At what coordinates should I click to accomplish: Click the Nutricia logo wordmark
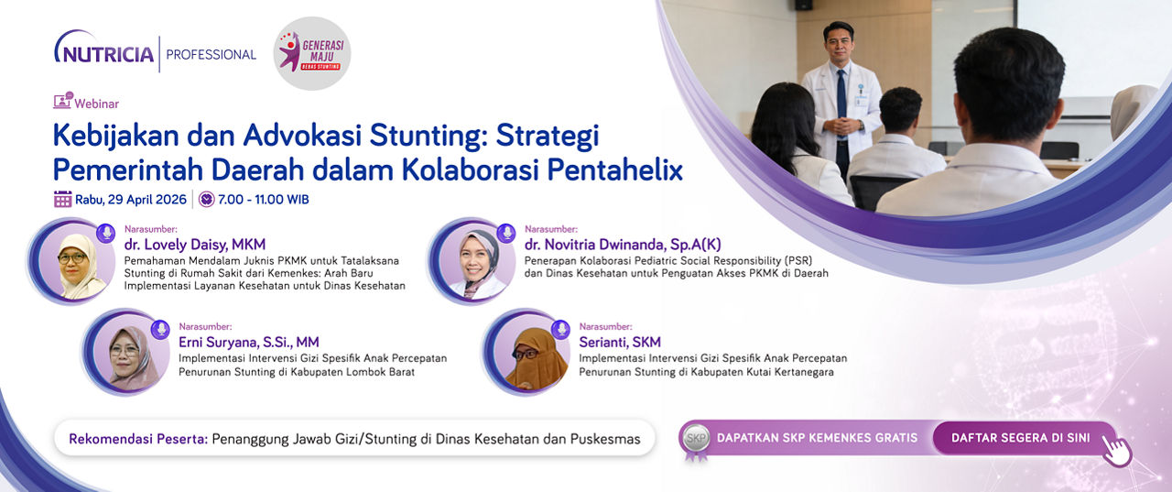[x=104, y=51]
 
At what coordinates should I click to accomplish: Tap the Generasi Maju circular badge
[x=312, y=53]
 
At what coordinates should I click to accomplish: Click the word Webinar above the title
[x=97, y=104]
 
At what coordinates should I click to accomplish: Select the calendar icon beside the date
[x=63, y=199]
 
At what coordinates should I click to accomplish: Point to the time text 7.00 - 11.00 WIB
[x=263, y=200]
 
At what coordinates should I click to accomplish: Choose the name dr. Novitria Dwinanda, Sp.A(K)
[x=623, y=245]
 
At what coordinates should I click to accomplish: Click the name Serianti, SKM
[x=620, y=342]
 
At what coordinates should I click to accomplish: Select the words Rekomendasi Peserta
[x=138, y=439]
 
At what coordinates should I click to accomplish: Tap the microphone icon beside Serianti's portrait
[x=561, y=329]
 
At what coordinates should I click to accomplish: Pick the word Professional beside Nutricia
[x=211, y=54]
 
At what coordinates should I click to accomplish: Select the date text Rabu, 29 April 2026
[x=131, y=200]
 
